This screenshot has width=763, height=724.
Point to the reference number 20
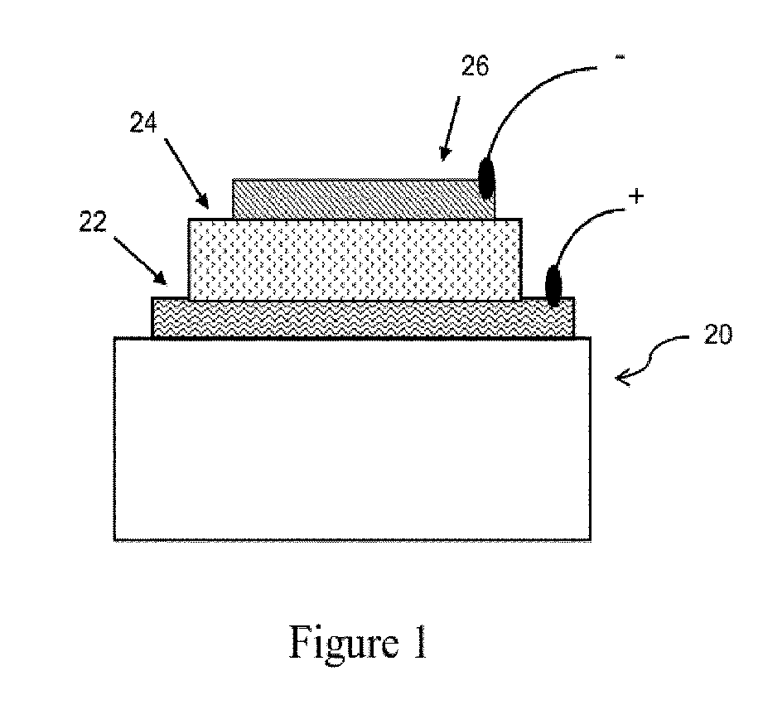pyautogui.click(x=717, y=336)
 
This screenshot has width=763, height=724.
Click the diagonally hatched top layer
pyautogui.click(x=356, y=199)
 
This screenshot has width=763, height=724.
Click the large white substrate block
pyautogui.click(x=352, y=439)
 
